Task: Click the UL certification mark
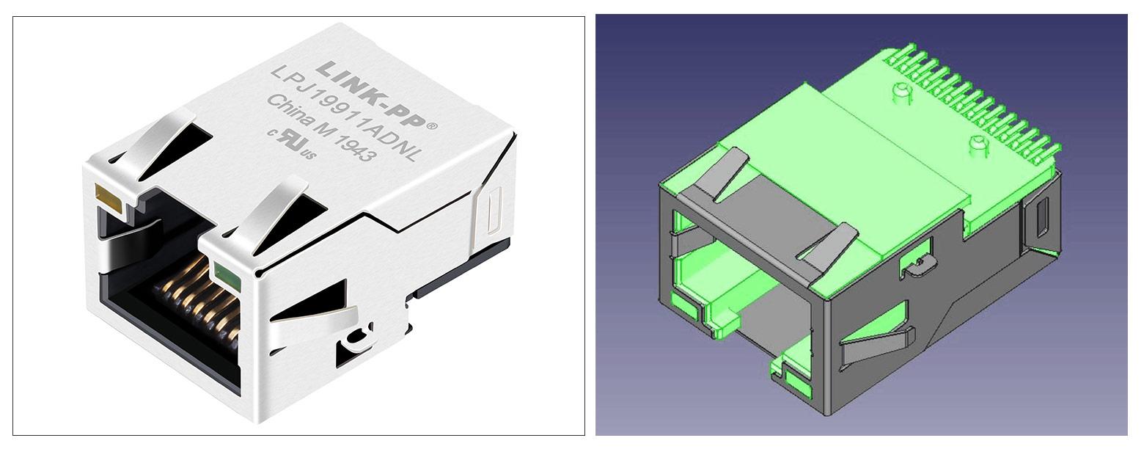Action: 298,145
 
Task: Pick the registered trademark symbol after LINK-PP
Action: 432,126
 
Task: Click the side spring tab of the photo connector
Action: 312,315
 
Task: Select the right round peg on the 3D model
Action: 978,145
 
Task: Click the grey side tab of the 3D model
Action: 876,345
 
